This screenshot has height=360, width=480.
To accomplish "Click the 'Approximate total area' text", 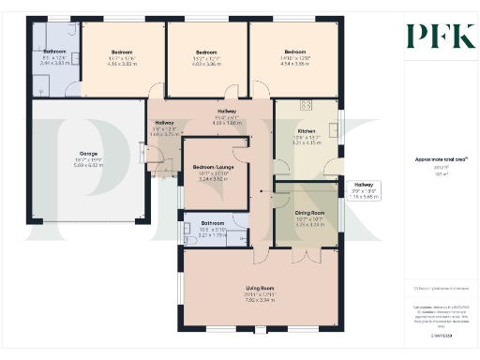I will (436, 160).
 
